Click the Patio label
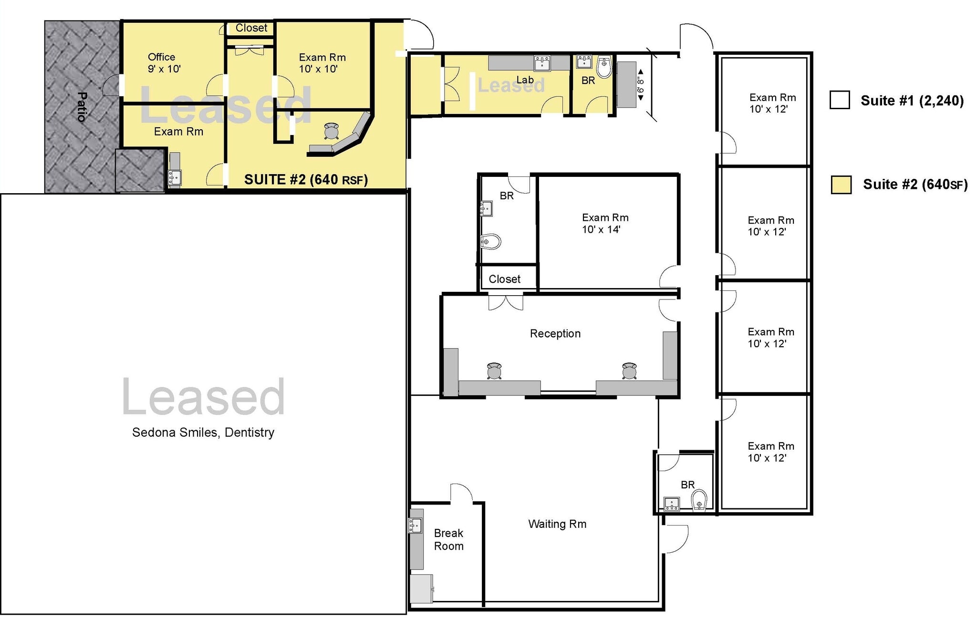tap(82, 107)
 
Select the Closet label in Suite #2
tap(251, 28)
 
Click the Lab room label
tap(525, 80)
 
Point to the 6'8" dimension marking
tap(641, 84)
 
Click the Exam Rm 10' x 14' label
tap(604, 223)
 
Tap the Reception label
tap(555, 333)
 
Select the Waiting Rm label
tap(557, 524)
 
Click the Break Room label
tap(448, 539)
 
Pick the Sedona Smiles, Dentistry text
tap(203, 432)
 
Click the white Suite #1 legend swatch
tap(840, 100)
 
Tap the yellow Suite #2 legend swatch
tap(841, 185)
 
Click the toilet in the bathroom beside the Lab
tap(604, 67)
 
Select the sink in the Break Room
tap(415, 526)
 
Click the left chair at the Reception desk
tap(494, 370)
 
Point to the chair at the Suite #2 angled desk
tap(332, 130)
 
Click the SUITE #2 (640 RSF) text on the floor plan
tap(306, 179)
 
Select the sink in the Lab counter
tap(543, 62)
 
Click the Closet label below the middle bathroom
tap(504, 279)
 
